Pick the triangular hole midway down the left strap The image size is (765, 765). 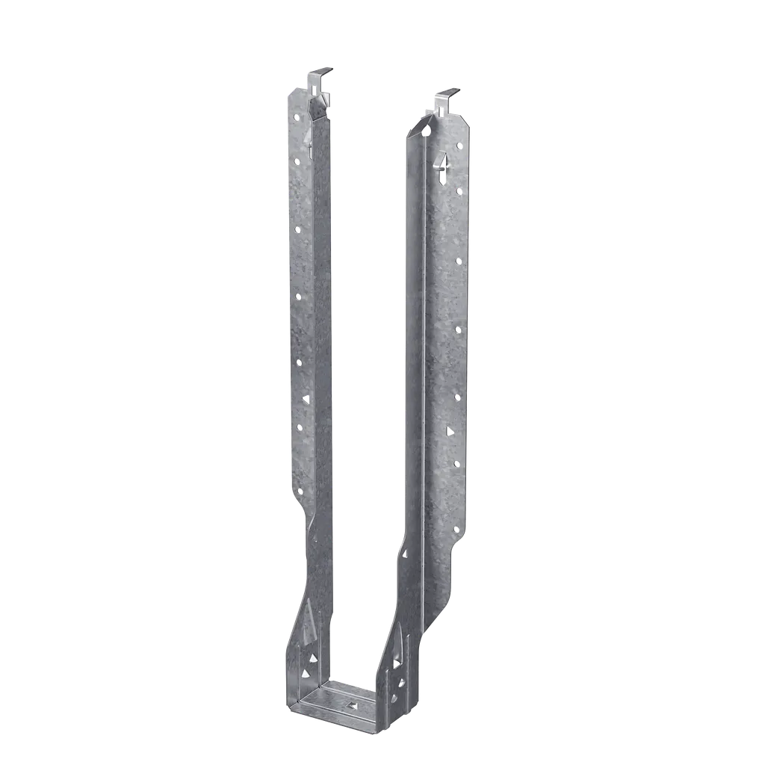coord(305,400)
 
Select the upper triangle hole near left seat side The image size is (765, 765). coord(311,657)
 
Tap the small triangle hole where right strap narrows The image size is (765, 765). coord(405,554)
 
